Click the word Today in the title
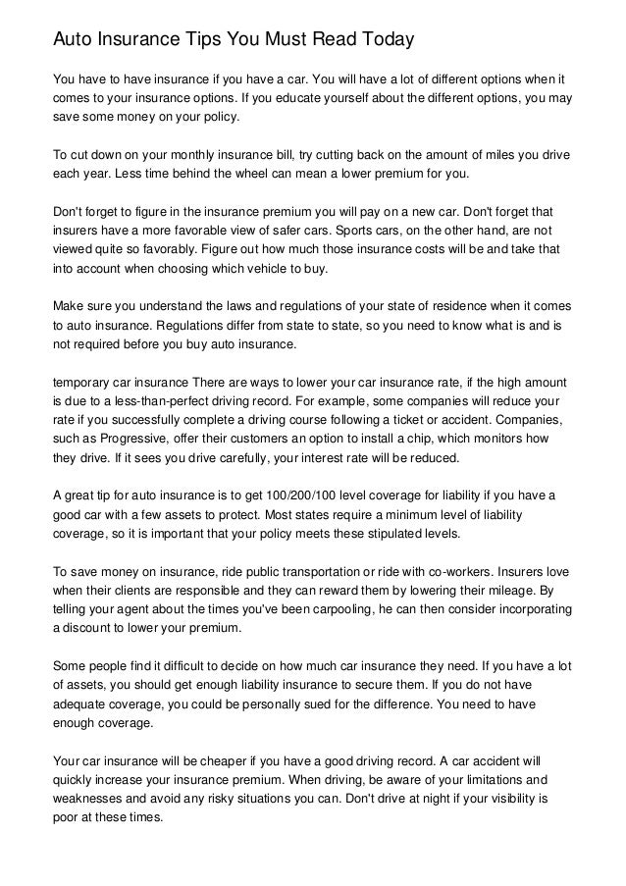(382, 40)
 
